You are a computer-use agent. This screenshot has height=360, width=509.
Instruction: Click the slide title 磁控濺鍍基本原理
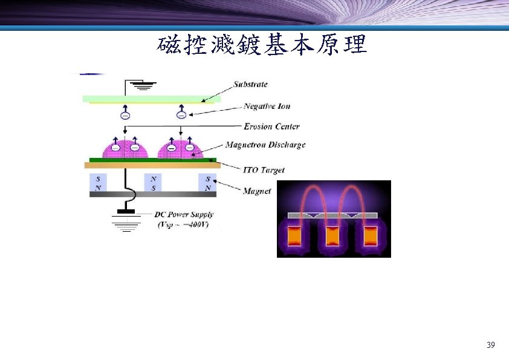point(262,44)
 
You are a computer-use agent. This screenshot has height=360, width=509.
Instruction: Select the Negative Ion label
point(267,106)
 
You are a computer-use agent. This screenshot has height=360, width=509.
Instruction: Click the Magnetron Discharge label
point(265,145)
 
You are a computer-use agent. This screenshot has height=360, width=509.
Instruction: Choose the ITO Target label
point(263,170)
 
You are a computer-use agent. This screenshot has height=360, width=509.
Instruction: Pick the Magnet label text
point(256,191)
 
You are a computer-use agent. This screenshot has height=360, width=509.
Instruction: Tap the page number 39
point(490,345)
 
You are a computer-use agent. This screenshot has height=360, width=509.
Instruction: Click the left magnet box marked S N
point(98,183)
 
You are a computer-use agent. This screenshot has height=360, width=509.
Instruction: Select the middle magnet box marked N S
point(154,183)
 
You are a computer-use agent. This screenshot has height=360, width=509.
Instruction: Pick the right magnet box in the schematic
point(207,183)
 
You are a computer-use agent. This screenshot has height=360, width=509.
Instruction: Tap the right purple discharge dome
point(180,148)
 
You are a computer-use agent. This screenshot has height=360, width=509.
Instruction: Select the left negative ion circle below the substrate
point(125,115)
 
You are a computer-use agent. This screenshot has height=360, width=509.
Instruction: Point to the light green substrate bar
point(151,98)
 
